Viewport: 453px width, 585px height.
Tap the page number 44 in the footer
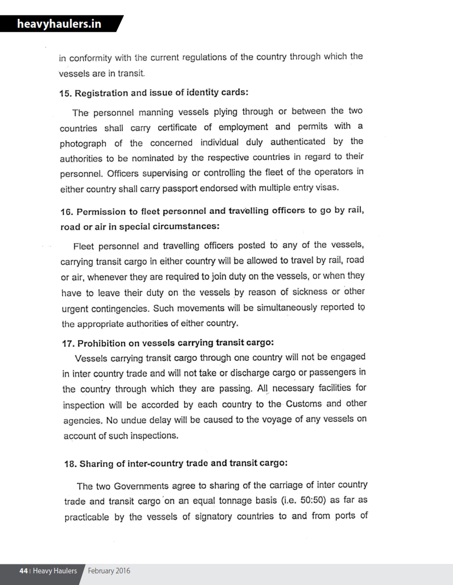click(x=24, y=570)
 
